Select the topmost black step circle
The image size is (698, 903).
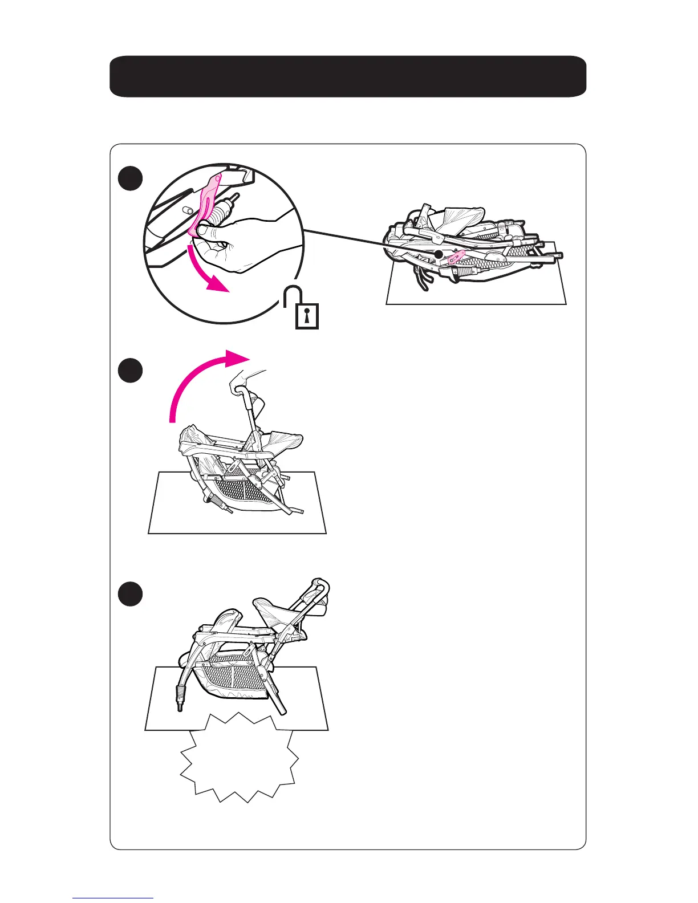tap(131, 178)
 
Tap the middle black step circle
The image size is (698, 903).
tap(131, 371)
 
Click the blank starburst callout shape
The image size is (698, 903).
tap(240, 758)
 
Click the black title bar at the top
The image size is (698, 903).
tap(348, 76)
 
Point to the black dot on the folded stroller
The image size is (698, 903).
tap(439, 254)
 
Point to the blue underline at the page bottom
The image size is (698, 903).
tap(113, 898)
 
